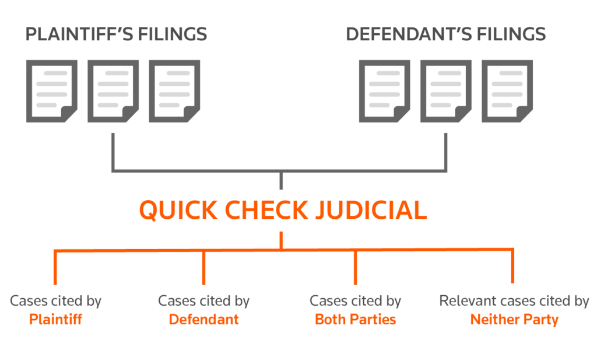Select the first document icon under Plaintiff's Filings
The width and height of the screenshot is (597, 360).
tap(51, 92)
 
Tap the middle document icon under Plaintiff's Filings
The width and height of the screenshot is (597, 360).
tap(113, 92)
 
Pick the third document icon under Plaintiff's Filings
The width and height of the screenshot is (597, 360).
tap(174, 92)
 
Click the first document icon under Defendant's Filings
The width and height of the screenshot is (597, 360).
tap(384, 92)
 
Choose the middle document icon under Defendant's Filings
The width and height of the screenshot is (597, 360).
tap(446, 92)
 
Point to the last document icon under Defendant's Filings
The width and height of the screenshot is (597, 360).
tap(507, 92)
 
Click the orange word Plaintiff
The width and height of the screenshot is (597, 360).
tap(55, 320)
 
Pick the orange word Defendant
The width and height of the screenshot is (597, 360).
tap(203, 320)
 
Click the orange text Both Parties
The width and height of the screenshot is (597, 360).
tap(355, 320)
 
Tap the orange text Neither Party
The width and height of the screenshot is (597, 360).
tap(514, 320)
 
